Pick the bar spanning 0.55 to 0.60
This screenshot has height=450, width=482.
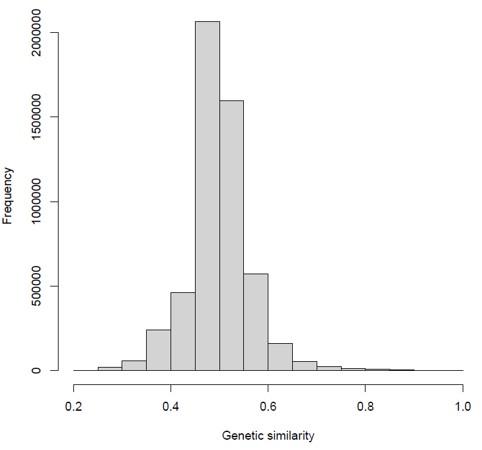[x=256, y=322]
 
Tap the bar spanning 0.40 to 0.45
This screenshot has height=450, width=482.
[x=183, y=332]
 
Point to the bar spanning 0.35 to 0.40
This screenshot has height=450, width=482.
[x=158, y=350]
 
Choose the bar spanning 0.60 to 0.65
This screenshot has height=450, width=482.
[x=280, y=357]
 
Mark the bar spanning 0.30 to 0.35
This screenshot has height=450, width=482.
[x=134, y=366]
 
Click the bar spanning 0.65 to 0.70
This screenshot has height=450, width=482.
[x=304, y=366]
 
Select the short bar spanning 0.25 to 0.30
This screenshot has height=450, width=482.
[x=110, y=369]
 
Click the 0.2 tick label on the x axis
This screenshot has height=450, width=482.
[x=73, y=408]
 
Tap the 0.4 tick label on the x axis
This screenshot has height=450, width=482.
[x=171, y=408]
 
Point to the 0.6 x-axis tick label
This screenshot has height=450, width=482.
[x=268, y=408]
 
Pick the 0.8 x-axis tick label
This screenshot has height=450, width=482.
[x=366, y=408]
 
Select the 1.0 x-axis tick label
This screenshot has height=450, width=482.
[x=463, y=408]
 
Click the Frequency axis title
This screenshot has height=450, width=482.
[x=8, y=195]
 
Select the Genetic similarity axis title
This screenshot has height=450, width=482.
[x=268, y=436]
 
